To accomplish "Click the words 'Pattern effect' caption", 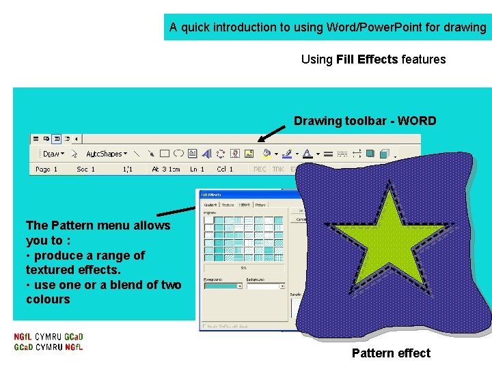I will (x=391, y=353).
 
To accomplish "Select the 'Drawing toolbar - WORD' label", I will (x=365, y=121).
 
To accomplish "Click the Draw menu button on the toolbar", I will (x=52, y=154).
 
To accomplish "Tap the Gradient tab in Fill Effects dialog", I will (x=210, y=204).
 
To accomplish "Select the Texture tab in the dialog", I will (x=228, y=204).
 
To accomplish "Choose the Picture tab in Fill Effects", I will (x=260, y=204).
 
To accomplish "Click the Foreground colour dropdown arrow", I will (x=239, y=286).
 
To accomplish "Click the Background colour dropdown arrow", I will (x=282, y=286).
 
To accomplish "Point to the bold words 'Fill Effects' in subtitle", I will (x=367, y=59).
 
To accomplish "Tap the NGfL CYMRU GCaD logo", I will (x=49, y=342).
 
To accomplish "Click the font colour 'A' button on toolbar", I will (x=307, y=154).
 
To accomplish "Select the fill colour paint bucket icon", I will (x=266, y=154).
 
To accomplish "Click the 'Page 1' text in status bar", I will (x=46, y=169).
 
